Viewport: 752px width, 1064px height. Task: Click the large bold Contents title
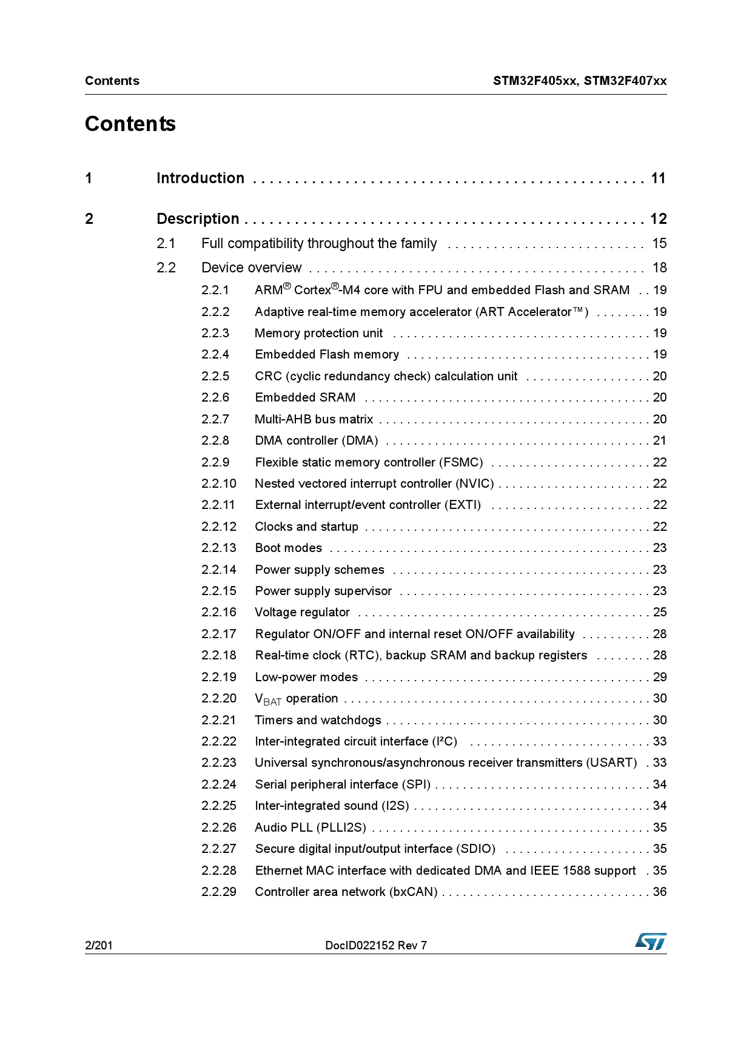[x=130, y=124]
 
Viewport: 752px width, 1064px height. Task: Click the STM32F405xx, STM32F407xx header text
[x=579, y=81]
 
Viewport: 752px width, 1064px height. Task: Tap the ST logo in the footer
[x=651, y=941]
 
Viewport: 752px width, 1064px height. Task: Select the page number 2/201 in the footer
[x=99, y=945]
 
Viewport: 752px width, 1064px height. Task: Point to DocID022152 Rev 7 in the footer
[x=376, y=945]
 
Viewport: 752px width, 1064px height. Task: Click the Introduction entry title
[x=200, y=178]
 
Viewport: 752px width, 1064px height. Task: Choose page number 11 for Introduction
[x=659, y=178]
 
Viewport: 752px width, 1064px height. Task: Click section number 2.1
[x=166, y=244]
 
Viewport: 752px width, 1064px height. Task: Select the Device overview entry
[x=251, y=268]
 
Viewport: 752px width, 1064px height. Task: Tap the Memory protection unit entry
[x=318, y=333]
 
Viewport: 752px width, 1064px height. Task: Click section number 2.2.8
[x=215, y=440]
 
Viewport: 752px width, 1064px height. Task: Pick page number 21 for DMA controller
[x=660, y=440]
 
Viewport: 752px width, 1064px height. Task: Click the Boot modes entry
[x=288, y=548]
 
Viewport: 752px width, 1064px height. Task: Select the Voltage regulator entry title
[x=302, y=612]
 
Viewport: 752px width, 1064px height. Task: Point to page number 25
[x=660, y=612]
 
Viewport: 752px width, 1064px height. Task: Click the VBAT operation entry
[x=296, y=699]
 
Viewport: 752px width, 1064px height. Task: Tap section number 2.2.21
[x=218, y=720]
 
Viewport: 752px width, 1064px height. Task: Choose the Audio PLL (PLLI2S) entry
[x=310, y=827]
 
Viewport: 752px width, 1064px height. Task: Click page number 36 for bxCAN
[x=660, y=892]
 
